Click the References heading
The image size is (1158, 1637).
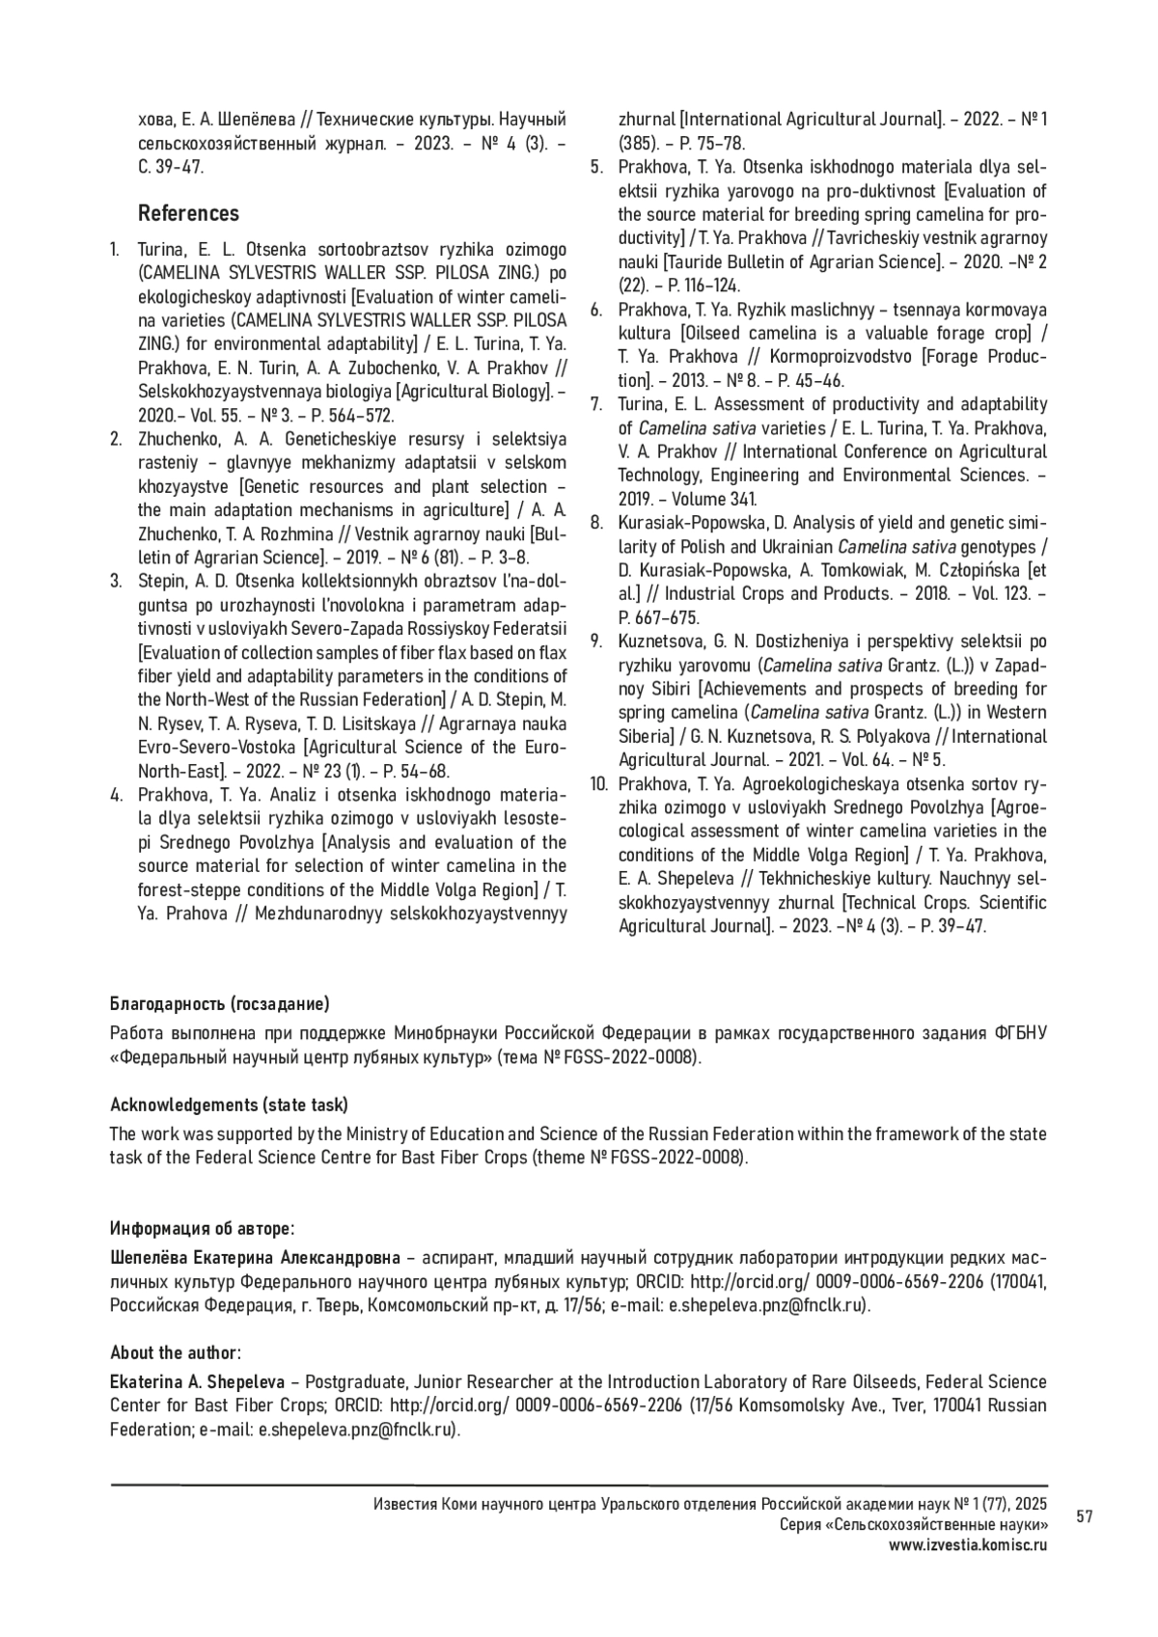click(188, 213)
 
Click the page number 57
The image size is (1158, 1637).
click(1085, 1517)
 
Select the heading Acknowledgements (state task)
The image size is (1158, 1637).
click(229, 1105)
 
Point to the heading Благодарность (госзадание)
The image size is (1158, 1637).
click(220, 1004)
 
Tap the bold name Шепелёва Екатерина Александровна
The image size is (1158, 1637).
click(254, 1259)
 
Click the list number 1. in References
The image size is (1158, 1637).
click(115, 250)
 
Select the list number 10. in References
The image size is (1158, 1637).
click(599, 783)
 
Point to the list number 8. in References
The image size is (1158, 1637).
click(597, 524)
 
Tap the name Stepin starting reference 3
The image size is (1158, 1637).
click(162, 582)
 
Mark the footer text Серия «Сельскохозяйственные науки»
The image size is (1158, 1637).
click(913, 1525)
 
